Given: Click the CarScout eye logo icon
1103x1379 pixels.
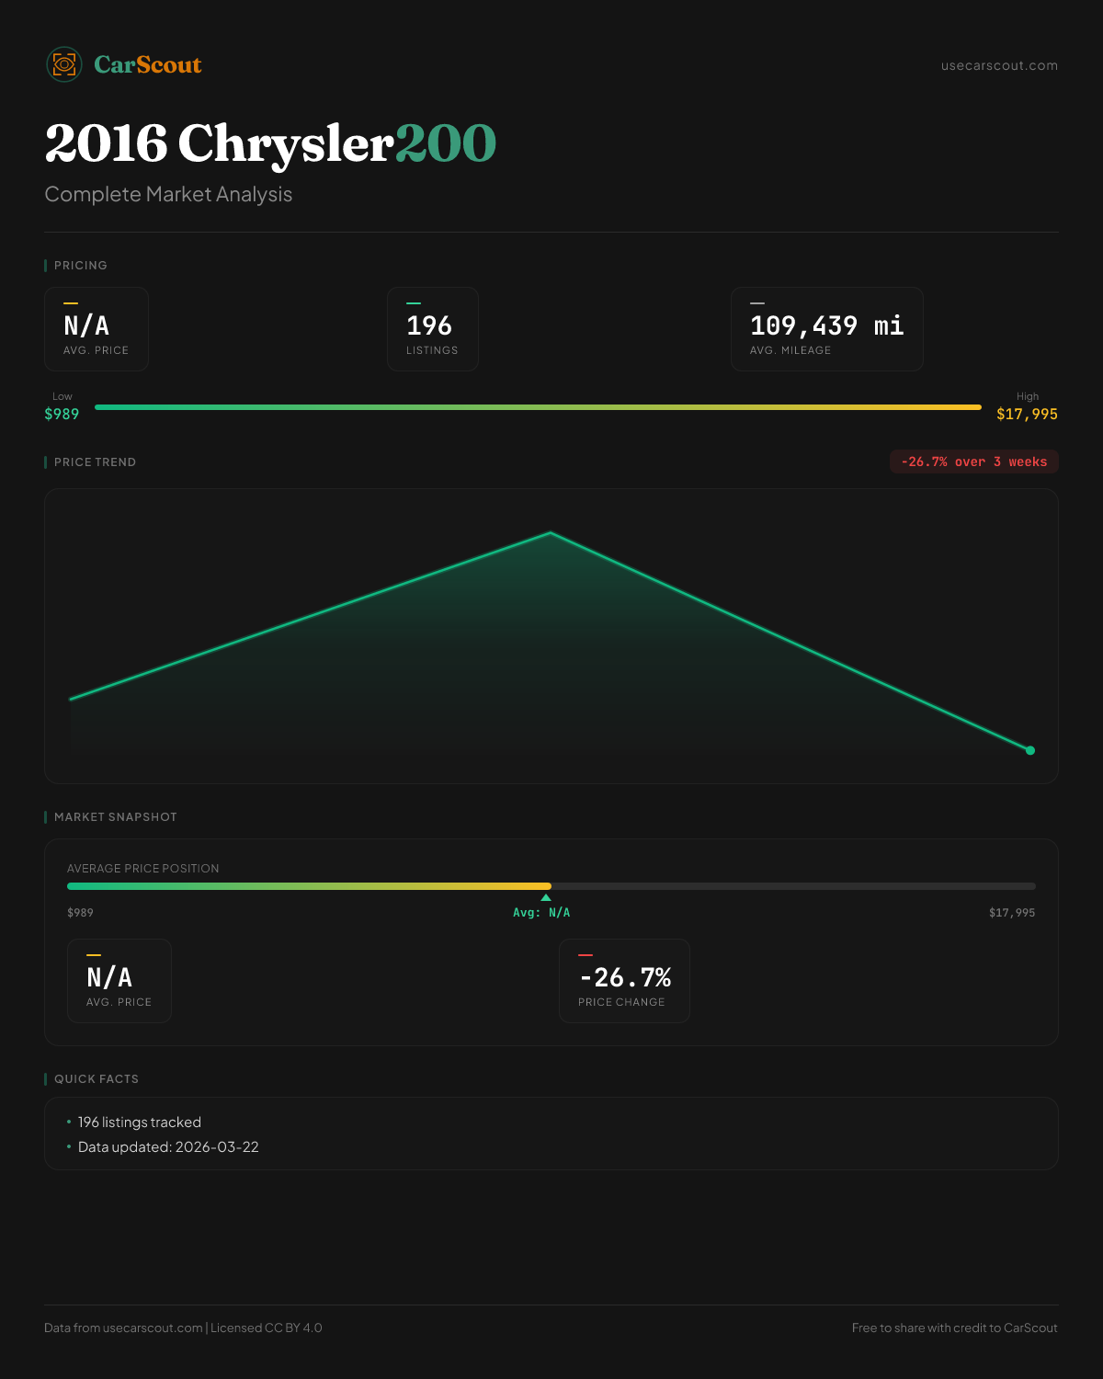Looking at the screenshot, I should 64,64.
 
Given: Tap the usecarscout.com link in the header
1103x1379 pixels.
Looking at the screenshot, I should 999,65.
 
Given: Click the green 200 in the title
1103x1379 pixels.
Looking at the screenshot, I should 446,143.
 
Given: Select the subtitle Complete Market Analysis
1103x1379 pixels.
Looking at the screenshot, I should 168,195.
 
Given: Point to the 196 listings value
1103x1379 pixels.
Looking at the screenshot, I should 429,325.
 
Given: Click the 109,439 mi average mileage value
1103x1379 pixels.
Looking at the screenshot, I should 826,325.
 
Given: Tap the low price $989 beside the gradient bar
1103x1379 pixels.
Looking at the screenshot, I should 62,414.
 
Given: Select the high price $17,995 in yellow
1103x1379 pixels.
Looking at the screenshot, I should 1027,414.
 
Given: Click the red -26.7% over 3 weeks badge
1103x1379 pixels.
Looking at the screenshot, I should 973,462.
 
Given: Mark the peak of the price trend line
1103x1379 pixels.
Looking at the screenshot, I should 551,532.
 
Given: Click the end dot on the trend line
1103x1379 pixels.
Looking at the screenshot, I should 1030,750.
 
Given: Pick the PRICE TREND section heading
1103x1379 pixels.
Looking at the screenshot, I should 95,462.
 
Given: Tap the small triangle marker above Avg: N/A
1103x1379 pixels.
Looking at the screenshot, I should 546,897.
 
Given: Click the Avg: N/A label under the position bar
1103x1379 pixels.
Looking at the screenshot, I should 541,913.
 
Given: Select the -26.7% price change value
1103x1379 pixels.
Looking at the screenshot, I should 625,977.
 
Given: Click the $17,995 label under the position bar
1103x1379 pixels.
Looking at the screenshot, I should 1012,913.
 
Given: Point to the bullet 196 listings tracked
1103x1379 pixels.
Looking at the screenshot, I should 139,1123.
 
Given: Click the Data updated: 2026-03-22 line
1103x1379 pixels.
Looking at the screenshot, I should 168,1147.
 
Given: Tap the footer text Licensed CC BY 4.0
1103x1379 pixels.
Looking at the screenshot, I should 267,1328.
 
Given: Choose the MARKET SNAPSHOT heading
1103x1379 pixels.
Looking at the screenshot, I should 115,817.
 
